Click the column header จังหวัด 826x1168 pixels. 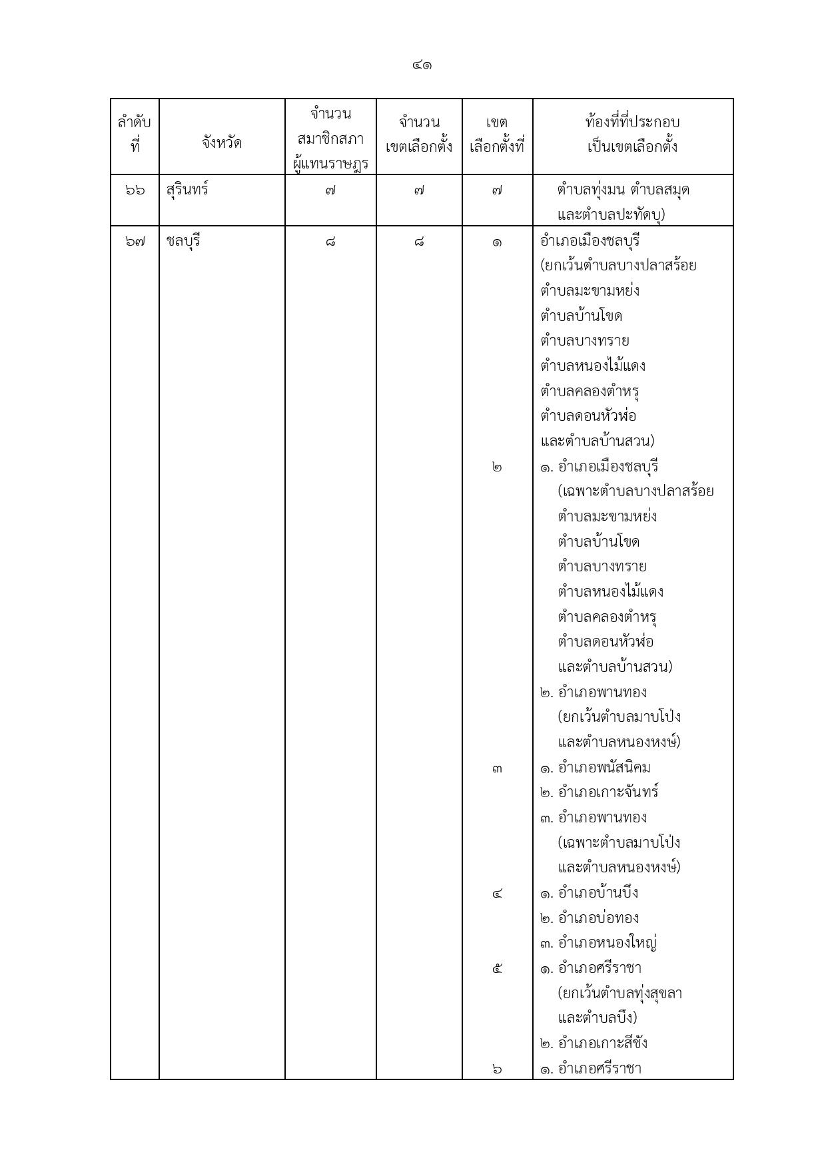(222, 143)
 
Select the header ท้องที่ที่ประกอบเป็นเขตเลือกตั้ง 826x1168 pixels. (632, 135)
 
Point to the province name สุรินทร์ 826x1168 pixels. (187, 190)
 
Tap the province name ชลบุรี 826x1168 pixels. (183, 241)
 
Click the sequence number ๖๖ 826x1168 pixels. (135, 190)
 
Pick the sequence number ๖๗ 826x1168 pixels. (135, 242)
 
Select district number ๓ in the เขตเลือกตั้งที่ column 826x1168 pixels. (497, 769)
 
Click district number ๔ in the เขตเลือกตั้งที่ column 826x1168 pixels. (497, 894)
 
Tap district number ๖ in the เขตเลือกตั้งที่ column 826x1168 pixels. (497, 1069)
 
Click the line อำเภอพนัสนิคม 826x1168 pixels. (604, 768)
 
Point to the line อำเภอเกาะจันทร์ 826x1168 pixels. (608, 792)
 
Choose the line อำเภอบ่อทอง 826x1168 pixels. (598, 918)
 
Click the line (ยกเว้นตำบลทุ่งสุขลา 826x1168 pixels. (619, 993)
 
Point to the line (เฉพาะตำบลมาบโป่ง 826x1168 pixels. (619, 842)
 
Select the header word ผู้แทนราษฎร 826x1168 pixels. (330, 163)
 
